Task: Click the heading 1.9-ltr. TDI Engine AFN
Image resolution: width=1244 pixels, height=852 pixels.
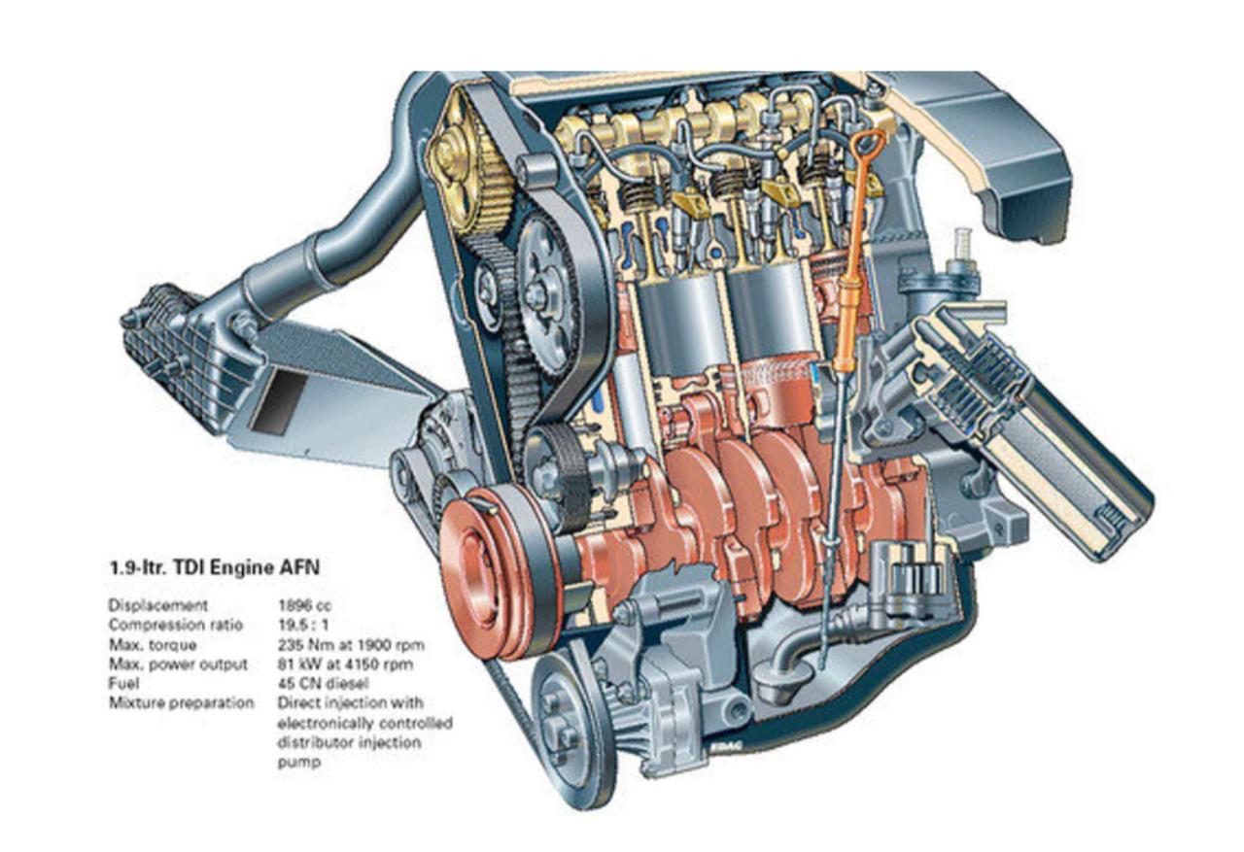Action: (215, 567)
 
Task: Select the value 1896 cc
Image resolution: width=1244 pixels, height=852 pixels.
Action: (305, 605)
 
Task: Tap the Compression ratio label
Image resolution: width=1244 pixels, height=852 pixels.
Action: (176, 625)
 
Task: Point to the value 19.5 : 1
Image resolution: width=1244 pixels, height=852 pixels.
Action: (303, 625)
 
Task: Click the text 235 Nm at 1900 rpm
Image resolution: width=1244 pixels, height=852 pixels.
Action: (351, 645)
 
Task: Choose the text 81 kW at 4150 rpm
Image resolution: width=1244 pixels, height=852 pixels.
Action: (345, 665)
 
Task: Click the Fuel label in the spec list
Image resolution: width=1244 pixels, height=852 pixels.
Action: (123, 683)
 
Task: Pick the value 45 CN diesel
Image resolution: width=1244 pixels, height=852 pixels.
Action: (324, 683)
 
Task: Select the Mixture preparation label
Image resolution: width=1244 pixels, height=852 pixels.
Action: (181, 703)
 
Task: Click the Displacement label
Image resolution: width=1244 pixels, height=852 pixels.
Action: (158, 605)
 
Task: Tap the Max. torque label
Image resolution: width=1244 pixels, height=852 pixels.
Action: (153, 645)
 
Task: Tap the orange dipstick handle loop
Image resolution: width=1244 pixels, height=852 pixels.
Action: (868, 146)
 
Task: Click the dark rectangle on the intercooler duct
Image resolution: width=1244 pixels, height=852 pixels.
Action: (278, 401)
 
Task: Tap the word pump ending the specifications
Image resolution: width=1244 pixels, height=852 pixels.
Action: (299, 762)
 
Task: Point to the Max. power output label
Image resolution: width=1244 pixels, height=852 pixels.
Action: (178, 665)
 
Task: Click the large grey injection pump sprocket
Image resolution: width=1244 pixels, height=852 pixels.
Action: (547, 297)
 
